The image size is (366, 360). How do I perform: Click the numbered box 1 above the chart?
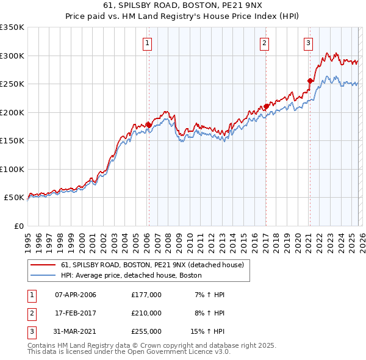point(148,43)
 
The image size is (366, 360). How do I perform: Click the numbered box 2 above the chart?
point(265,43)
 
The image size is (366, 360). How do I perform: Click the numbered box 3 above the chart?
point(309,43)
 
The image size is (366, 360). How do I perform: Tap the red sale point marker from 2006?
point(148,124)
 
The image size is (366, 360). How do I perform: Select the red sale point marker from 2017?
point(266,106)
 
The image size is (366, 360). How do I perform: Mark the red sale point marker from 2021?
point(310,81)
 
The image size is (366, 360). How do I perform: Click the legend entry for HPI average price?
point(131,276)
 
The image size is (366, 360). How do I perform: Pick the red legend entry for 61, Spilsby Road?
point(152,265)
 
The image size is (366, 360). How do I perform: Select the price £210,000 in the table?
point(146,313)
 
